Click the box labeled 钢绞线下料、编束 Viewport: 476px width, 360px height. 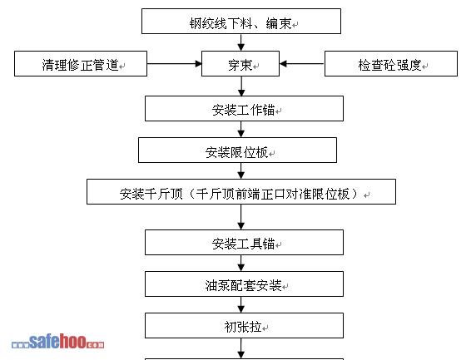(x=241, y=22)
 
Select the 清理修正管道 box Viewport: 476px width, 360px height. (x=81, y=63)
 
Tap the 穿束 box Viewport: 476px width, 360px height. (x=240, y=63)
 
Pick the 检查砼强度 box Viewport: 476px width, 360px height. (x=391, y=63)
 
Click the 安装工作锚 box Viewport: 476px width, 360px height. (x=244, y=109)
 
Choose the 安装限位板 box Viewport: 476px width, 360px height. (x=237, y=150)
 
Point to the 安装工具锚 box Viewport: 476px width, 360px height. (x=244, y=242)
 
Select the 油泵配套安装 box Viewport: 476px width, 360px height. (x=244, y=284)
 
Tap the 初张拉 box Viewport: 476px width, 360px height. (x=244, y=325)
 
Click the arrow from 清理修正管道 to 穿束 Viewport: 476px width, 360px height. (x=175, y=64)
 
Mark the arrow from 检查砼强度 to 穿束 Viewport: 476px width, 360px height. (x=302, y=64)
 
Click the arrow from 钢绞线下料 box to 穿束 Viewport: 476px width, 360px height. (x=241, y=42)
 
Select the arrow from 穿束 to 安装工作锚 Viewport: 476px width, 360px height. (x=241, y=86)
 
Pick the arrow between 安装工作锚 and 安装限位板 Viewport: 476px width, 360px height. (x=241, y=129)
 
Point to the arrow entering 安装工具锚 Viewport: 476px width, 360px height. (x=241, y=217)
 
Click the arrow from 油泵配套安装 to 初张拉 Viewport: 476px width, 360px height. (x=241, y=305)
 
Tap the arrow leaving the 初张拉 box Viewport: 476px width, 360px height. (x=241, y=348)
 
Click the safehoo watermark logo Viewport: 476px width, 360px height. (x=57, y=341)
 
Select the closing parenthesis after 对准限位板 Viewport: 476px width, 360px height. (x=355, y=194)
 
